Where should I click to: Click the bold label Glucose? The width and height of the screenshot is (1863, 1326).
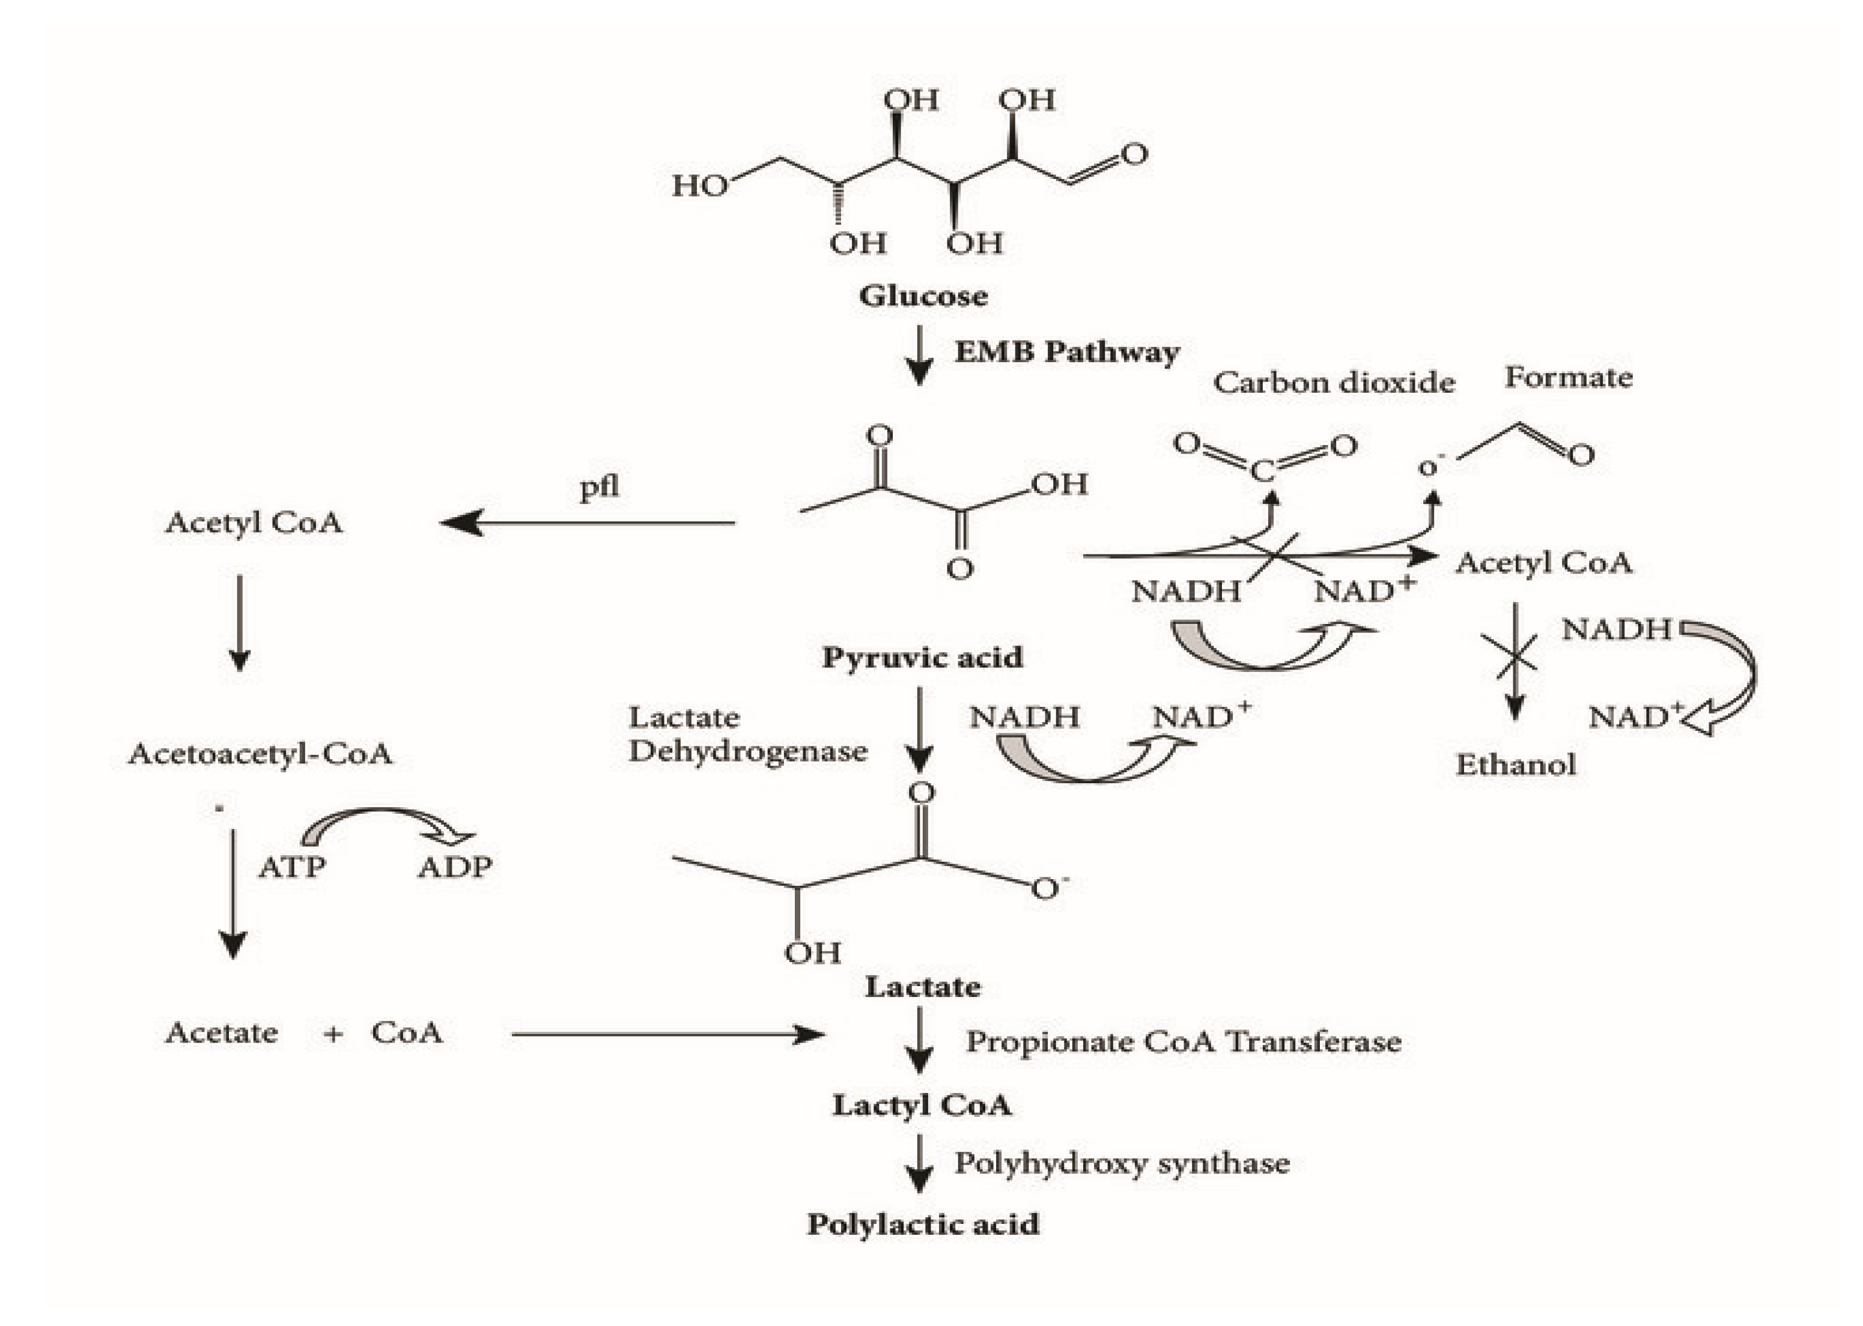923,295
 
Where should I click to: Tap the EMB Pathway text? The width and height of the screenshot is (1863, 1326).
1066,352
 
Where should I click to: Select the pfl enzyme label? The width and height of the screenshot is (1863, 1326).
600,488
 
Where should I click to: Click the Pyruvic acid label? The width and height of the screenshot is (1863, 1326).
922,656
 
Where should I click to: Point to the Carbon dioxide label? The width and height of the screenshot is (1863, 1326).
1334,382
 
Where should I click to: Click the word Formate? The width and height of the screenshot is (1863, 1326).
1568,377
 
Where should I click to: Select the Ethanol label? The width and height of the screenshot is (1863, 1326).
1515,765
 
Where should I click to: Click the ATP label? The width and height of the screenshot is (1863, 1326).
291,867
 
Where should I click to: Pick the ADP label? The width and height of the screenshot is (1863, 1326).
455,867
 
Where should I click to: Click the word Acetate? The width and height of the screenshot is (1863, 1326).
221,1033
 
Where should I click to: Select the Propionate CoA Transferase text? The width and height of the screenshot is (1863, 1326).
1184,1042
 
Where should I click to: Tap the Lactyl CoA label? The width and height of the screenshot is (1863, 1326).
922,1106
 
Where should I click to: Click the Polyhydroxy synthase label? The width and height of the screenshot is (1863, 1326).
1122,1163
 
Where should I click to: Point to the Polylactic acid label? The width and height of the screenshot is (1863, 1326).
923,1224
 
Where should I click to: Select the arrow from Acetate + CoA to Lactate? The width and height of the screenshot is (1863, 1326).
666,1035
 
